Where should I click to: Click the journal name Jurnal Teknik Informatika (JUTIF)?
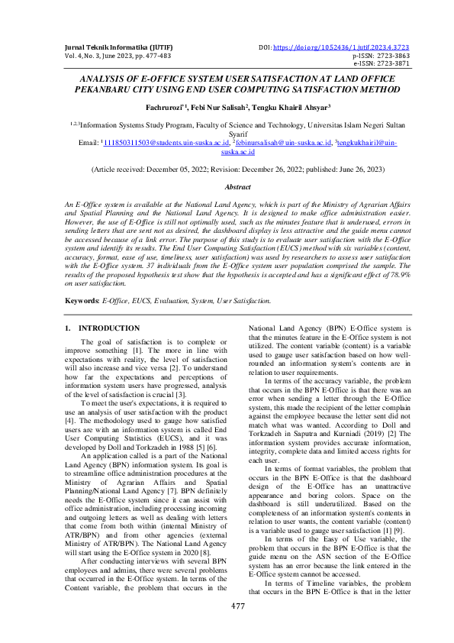[x=107, y=47]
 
